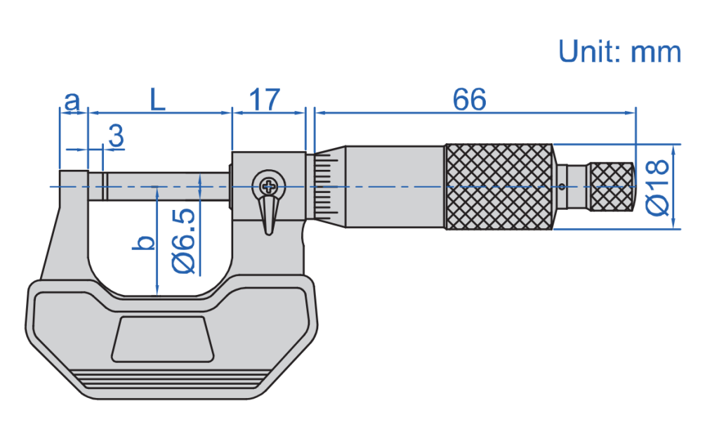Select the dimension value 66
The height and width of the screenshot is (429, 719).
click(470, 99)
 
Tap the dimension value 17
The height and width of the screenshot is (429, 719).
click(265, 99)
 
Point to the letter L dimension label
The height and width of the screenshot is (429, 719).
click(157, 99)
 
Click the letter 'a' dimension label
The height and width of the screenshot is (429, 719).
click(72, 101)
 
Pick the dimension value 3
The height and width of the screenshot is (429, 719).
click(117, 136)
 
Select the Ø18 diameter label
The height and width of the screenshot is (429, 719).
click(657, 187)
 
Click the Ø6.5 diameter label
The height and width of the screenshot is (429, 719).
click(184, 241)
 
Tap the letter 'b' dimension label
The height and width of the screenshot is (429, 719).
click(143, 243)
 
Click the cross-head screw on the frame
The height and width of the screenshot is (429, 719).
click(268, 186)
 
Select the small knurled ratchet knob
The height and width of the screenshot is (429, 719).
click(612, 187)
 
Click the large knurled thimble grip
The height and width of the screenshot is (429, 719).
click(500, 187)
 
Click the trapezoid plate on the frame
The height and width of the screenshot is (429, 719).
click(163, 338)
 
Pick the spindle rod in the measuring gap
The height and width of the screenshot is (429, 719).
click(159, 187)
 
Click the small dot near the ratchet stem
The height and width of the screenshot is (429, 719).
click(562, 187)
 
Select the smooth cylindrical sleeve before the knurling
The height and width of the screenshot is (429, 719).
click(395, 187)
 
